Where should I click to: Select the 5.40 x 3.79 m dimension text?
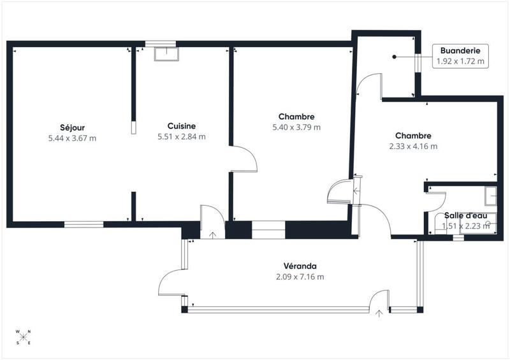pyautogui.click(x=296, y=127)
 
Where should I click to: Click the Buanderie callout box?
pyautogui.click(x=460, y=56)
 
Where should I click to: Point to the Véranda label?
pyautogui.click(x=300, y=266)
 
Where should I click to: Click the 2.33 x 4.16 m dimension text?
pyautogui.click(x=412, y=146)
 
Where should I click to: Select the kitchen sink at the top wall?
pyautogui.click(x=166, y=53)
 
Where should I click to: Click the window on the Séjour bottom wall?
pyautogui.click(x=84, y=224)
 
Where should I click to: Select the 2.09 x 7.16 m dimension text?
pyautogui.click(x=300, y=277)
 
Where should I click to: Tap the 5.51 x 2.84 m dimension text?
pyautogui.click(x=181, y=136)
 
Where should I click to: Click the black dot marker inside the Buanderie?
pyautogui.click(x=395, y=57)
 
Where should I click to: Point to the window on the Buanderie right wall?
pyautogui.click(x=418, y=63)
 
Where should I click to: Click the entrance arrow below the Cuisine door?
pyautogui.click(x=212, y=234)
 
